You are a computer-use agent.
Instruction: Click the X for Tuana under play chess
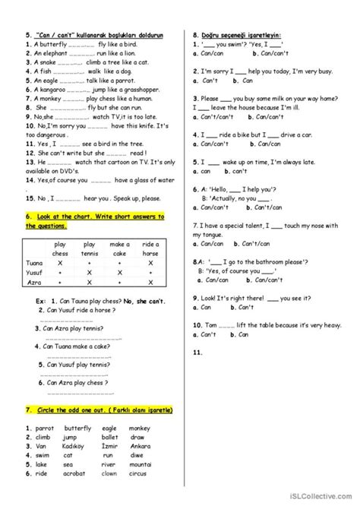tap(60, 263)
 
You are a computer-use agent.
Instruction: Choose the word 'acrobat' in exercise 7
tap(75, 473)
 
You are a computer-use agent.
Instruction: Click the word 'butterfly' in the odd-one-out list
tap(76, 428)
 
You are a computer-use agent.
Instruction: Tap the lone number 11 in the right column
tap(197, 353)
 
